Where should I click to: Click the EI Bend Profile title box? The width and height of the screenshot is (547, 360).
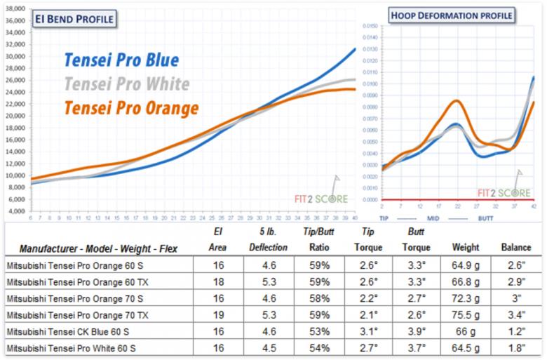coord(74,19)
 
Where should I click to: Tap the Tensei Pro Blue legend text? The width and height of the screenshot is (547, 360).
coord(121,60)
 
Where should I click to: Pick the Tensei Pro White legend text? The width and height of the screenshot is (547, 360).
coord(126,84)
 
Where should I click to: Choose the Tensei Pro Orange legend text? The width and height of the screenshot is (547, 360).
coord(131,108)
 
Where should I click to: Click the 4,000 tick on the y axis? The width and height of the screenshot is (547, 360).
coord(17,211)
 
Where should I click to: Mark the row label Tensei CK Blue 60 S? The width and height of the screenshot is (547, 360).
coord(71,331)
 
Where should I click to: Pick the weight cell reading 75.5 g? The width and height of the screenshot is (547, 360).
coord(466,315)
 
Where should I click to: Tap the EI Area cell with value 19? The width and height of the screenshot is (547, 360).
coord(217,315)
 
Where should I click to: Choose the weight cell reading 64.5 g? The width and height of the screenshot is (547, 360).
coord(466,347)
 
